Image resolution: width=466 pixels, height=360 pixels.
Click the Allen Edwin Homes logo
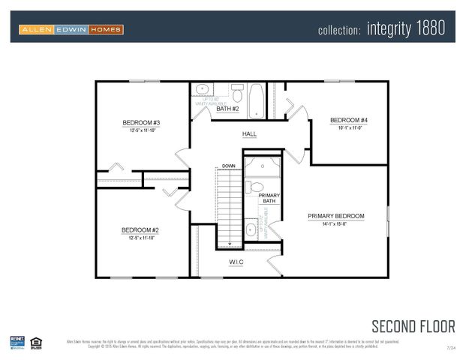point(71,29)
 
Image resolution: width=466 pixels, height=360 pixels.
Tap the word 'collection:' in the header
point(339,31)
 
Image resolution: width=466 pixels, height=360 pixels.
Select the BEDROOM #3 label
point(141,122)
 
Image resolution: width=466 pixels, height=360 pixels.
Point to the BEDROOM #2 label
point(140,230)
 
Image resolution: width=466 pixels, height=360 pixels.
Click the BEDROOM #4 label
point(348,120)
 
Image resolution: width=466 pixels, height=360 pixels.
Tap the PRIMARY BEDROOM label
point(335,216)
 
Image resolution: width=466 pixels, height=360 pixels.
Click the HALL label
point(249,134)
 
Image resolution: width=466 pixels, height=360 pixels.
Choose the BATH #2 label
point(227,109)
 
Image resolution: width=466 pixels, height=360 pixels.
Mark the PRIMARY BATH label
point(269,199)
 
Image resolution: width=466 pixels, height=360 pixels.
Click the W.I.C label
point(236,262)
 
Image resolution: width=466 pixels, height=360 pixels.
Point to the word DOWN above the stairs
point(229,166)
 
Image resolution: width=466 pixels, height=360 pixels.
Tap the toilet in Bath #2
point(237,95)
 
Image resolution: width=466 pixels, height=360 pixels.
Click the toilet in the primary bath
point(255,187)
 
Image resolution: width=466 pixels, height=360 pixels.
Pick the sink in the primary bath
point(251,229)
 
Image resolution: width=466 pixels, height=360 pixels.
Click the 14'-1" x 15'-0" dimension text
point(335,224)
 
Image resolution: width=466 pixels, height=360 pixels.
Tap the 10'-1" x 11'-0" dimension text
point(348,127)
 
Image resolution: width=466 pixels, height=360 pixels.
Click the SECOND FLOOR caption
point(413,326)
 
